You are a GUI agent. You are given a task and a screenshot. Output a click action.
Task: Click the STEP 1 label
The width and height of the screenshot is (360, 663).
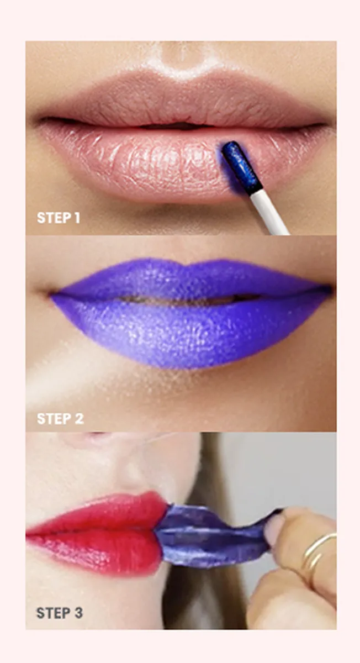click(x=59, y=218)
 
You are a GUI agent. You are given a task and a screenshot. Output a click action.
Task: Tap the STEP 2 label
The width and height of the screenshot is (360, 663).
click(x=60, y=418)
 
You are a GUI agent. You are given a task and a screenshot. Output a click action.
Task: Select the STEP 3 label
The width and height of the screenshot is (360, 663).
click(x=60, y=613)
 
